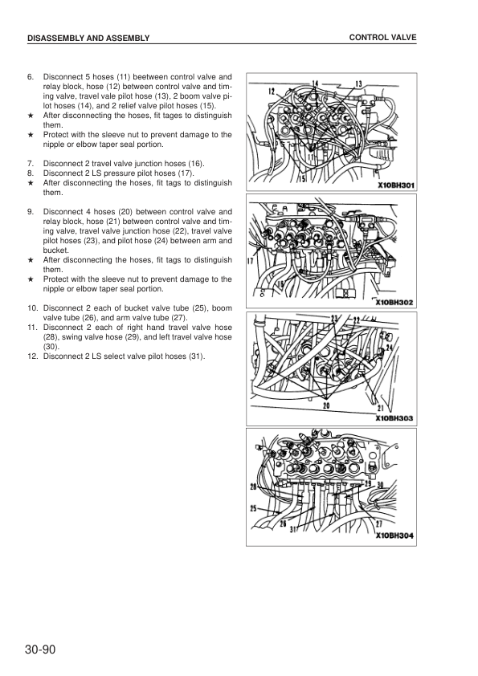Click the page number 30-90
[x=40, y=650]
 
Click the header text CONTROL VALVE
[x=382, y=38]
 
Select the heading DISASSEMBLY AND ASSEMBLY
[x=88, y=38]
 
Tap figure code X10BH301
[x=396, y=185]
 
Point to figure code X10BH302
[x=394, y=302]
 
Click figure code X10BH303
[x=394, y=418]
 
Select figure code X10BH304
[x=394, y=536]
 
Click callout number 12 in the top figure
[x=272, y=91]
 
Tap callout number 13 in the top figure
[x=358, y=83]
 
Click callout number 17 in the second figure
[x=251, y=260]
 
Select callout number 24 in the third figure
[x=390, y=346]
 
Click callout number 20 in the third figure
[x=326, y=405]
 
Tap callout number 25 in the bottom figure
[x=253, y=509]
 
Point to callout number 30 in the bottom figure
[x=380, y=485]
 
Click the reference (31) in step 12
[x=197, y=356]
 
